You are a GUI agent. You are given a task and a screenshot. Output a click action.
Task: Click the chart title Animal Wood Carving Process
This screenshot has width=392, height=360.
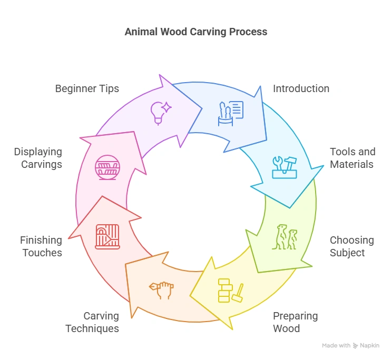click(195, 32)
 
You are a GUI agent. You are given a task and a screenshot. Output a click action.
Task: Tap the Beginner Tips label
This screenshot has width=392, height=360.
click(87, 88)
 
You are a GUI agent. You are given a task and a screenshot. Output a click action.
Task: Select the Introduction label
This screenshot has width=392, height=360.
click(301, 88)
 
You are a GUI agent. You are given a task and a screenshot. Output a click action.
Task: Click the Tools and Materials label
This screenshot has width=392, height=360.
click(352, 158)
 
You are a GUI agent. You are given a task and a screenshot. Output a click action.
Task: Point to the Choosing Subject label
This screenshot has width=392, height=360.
click(351, 246)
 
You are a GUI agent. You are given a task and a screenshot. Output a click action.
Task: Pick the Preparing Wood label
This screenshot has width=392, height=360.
click(295, 322)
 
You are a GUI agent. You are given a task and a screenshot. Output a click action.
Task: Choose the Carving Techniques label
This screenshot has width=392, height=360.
click(92, 322)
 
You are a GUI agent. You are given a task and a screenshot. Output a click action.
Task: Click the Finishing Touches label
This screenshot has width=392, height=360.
click(41, 246)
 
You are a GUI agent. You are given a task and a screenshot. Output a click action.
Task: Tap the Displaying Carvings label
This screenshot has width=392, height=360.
click(38, 158)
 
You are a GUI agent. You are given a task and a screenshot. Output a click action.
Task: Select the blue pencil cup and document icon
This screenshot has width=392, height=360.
click(231, 113)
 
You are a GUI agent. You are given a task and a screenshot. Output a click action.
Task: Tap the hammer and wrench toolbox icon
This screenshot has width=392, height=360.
click(284, 167)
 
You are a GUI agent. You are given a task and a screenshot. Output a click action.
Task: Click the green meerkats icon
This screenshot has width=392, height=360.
click(285, 237)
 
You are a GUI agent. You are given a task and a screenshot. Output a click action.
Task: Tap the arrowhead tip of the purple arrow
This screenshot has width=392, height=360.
click(202, 109)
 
